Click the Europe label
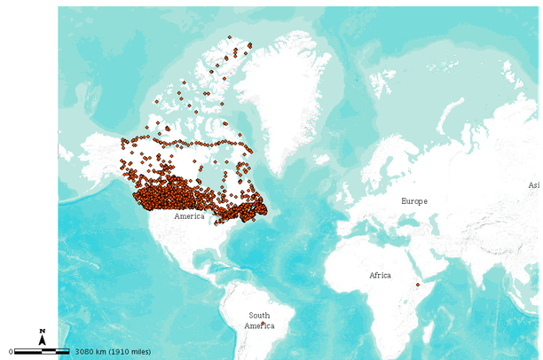click(x=413, y=201)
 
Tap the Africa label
click(x=380, y=276)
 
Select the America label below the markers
click(x=189, y=216)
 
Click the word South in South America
click(x=259, y=316)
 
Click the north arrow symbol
click(x=42, y=338)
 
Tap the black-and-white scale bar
click(x=42, y=352)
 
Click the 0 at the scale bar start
click(x=11, y=352)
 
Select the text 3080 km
click(x=91, y=352)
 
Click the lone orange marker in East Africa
click(x=418, y=286)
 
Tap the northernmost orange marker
click(x=229, y=37)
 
